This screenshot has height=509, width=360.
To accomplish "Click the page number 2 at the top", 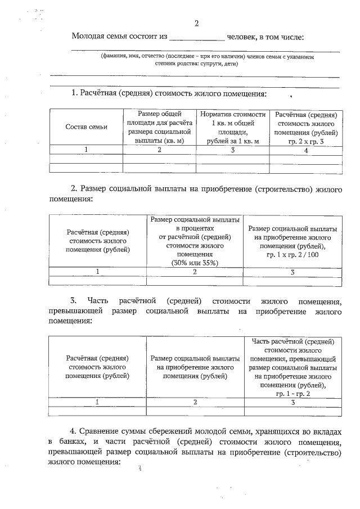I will pyautogui.click(x=196, y=24).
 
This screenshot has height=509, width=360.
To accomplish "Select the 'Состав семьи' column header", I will pyautogui.click(x=86, y=127).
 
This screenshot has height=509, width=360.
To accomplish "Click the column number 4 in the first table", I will pyautogui.click(x=305, y=150).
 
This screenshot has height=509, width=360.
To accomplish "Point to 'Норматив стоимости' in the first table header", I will pyautogui.click(x=232, y=114).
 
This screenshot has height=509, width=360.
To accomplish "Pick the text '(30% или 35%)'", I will pyautogui.click(x=195, y=263).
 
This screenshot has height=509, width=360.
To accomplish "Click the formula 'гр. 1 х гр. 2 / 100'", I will pyautogui.click(x=292, y=255).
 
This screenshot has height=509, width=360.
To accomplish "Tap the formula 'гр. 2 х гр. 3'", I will pyautogui.click(x=306, y=141).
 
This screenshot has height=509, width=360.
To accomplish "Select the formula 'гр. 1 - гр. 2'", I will pyautogui.click(x=292, y=394).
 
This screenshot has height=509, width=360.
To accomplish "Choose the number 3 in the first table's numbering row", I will pyautogui.click(x=232, y=150).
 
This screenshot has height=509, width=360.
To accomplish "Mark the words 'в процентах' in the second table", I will pyautogui.click(x=195, y=229).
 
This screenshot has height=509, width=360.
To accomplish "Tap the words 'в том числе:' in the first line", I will pyautogui.click(x=282, y=37).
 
